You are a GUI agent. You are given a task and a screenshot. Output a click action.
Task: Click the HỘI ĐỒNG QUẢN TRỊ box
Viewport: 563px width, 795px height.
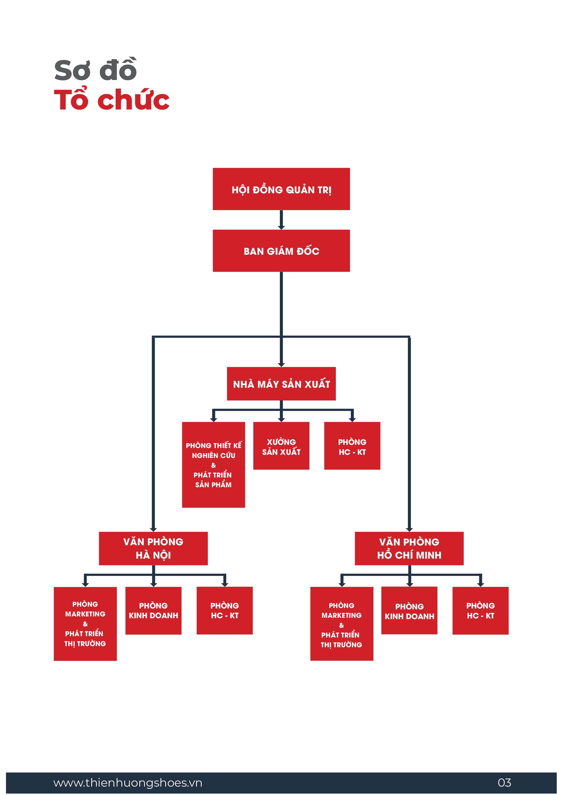tap(281, 189)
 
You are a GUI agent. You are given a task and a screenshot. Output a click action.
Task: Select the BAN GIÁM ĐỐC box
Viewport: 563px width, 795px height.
tap(281, 251)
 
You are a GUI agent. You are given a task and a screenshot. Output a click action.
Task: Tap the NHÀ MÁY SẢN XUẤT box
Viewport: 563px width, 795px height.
tap(281, 384)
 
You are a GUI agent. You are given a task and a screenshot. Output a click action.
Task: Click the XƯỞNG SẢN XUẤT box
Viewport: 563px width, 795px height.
tap(281, 446)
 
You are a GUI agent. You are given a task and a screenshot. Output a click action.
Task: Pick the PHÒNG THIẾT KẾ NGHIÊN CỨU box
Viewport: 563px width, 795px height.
tap(214, 465)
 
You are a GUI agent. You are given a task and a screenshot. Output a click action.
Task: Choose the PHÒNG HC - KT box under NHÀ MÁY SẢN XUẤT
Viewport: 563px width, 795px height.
tap(352, 446)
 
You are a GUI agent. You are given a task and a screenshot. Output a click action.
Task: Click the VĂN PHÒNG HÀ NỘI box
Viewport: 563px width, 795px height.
tap(153, 548)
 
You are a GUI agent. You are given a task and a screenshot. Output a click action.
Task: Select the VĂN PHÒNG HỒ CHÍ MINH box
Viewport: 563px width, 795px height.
tap(409, 548)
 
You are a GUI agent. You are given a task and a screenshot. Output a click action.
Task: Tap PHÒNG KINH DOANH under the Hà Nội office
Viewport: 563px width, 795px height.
tap(153, 611)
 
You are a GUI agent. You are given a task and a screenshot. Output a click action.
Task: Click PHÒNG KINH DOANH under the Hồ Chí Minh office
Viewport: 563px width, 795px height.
tap(409, 611)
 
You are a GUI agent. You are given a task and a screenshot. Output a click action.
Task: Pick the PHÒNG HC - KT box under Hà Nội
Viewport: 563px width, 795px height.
tap(225, 611)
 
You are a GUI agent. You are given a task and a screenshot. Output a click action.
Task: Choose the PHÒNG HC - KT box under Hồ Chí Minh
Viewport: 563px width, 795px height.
tap(480, 611)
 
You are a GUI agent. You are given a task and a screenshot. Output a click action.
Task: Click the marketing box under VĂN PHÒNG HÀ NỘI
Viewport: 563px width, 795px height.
tap(85, 624)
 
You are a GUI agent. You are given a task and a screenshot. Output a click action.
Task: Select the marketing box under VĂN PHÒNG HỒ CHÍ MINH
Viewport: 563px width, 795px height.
tap(342, 624)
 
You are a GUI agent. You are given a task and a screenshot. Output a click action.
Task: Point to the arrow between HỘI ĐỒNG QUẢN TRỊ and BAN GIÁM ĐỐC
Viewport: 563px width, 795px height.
tap(281, 220)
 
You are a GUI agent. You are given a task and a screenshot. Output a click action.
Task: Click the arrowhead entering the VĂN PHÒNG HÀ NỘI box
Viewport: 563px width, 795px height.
tap(153, 529)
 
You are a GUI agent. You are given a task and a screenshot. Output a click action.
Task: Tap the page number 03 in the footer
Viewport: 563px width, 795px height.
tap(504, 783)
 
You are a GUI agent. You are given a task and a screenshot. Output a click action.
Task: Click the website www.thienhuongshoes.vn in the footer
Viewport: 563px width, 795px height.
tap(128, 783)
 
